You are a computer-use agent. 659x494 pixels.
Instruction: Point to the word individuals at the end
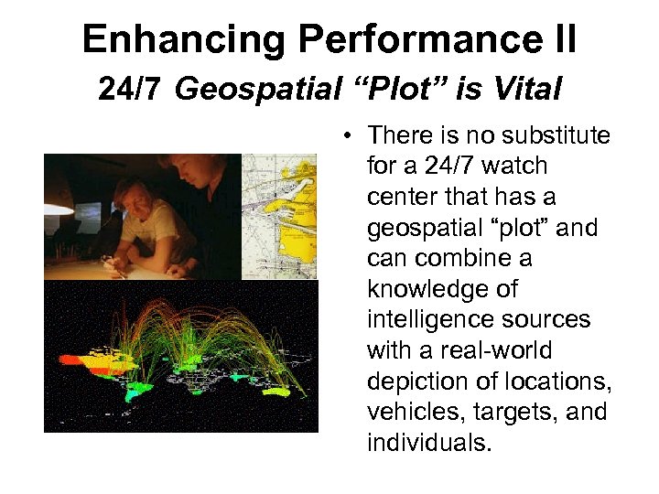pyautogui.click(x=428, y=443)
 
